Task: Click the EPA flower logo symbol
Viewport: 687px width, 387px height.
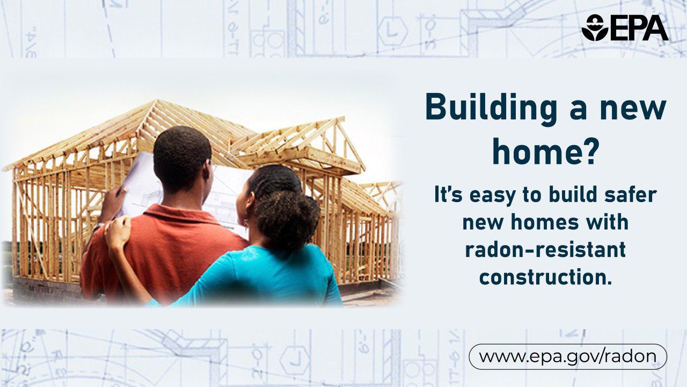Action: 595,27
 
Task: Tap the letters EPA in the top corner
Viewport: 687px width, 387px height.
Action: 639,27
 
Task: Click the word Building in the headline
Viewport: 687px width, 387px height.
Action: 491,109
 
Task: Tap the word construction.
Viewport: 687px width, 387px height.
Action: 545,277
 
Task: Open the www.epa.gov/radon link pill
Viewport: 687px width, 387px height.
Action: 568,356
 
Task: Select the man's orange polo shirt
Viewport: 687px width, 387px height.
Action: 159,255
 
